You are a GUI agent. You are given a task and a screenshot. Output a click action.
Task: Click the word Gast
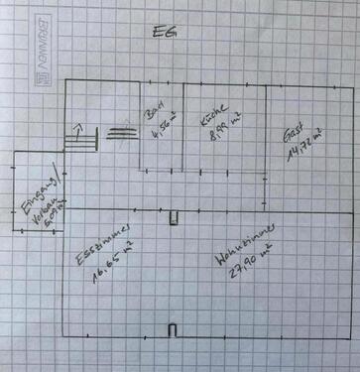coord(293,134)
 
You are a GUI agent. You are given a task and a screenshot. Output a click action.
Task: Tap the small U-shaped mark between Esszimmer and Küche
coord(173,218)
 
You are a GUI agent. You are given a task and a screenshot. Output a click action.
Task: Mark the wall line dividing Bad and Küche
coord(184,129)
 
